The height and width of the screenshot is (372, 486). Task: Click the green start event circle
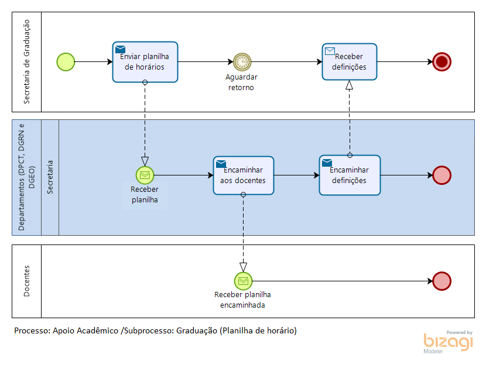point(66,62)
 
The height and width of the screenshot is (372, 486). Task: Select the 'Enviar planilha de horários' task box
point(145,62)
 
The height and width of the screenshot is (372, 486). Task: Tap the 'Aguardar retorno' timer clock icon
point(242,62)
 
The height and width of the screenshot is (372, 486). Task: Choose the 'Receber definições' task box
point(350,61)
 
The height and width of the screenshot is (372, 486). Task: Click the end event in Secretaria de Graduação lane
point(441,62)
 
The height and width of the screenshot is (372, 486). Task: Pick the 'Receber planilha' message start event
point(145,175)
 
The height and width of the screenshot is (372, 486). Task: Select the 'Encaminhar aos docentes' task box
point(244,175)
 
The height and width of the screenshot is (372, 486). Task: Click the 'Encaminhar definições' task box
point(350,175)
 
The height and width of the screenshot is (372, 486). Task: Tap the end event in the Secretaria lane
point(441,175)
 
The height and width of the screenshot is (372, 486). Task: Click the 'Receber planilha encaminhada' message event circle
point(244,281)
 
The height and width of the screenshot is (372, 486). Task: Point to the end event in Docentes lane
point(441,281)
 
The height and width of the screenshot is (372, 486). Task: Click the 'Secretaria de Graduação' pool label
point(27,61)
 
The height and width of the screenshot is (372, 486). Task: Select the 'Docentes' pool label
point(27,281)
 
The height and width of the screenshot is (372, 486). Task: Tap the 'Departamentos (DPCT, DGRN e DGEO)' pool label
point(26,177)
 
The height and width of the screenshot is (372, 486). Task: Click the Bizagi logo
point(448,342)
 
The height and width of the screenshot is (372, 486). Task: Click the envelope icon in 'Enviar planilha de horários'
point(120,49)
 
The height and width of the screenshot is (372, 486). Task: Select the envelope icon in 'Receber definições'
point(330,51)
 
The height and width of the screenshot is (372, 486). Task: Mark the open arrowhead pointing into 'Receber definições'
point(350,85)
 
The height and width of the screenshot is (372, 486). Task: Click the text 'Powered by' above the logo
point(459,332)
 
